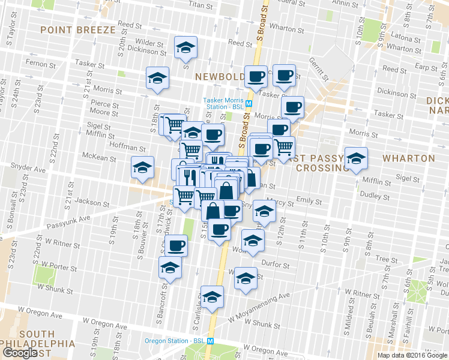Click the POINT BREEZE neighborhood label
point(77,30)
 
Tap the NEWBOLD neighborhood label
point(220,76)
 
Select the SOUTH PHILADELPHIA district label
point(38,339)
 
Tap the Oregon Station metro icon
point(211,341)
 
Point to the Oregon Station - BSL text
point(175,341)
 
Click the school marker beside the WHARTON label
point(357,158)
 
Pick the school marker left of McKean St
point(143,167)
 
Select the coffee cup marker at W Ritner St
point(176,245)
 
